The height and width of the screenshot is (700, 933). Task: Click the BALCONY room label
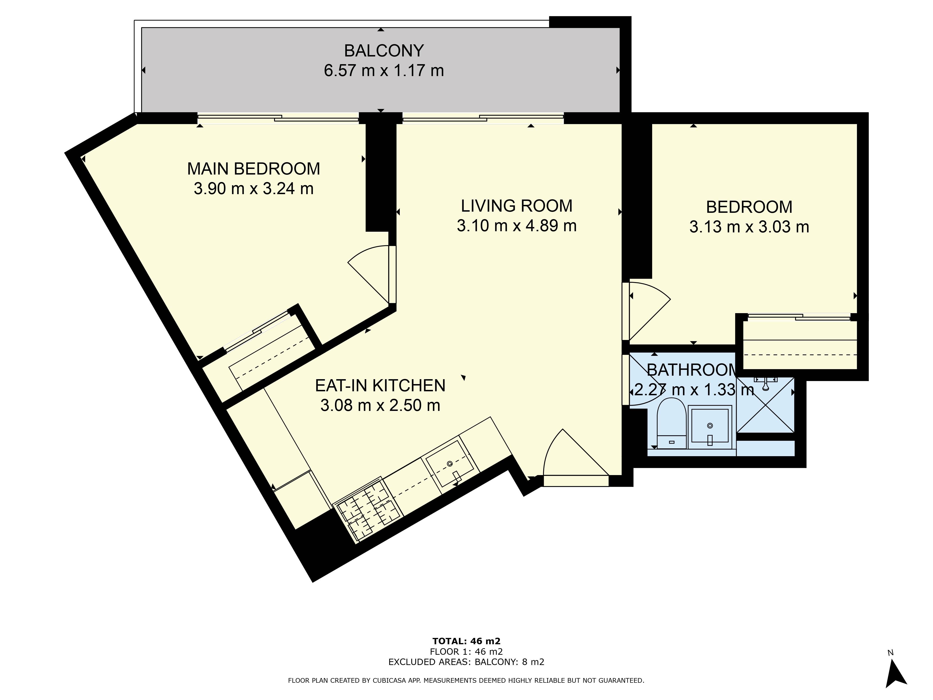[x=384, y=51]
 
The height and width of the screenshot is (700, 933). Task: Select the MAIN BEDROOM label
[x=254, y=169]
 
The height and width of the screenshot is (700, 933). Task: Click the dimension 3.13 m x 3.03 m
[x=749, y=227]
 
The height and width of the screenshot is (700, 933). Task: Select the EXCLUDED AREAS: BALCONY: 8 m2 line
[x=466, y=661]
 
